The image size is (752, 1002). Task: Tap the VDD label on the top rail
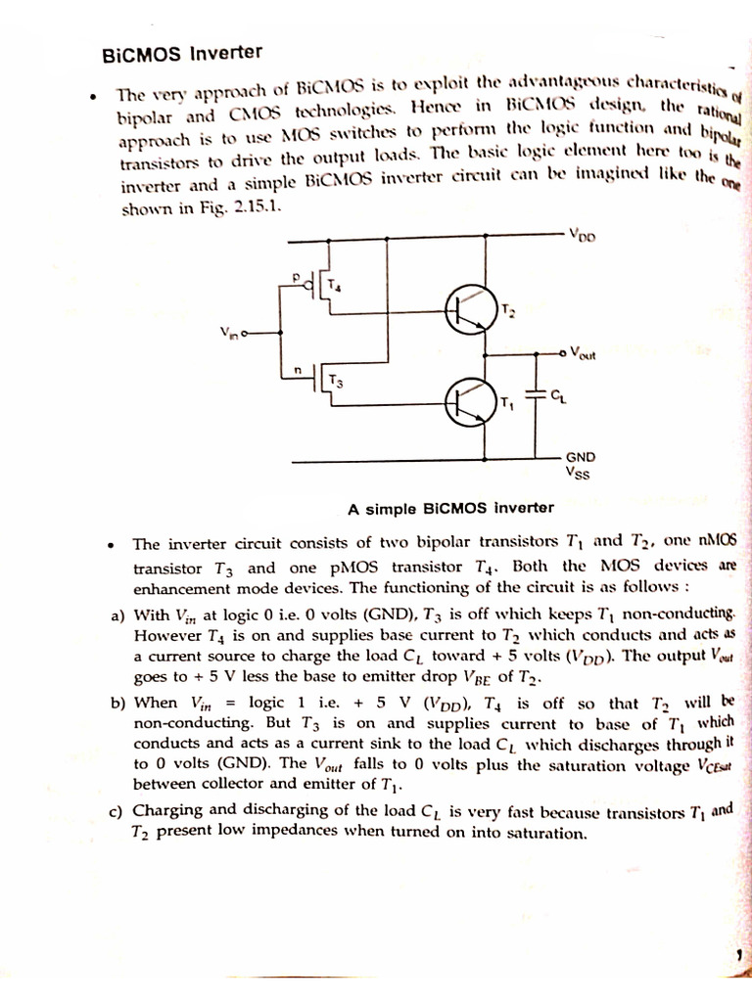(x=581, y=235)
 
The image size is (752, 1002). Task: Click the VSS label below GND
(x=579, y=474)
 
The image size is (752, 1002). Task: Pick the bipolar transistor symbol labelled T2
(x=467, y=308)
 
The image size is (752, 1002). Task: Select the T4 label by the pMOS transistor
(x=334, y=286)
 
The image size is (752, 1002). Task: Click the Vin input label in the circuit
(x=230, y=333)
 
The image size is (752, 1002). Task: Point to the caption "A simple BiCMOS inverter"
(x=450, y=508)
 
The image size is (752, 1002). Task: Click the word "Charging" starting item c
(x=168, y=810)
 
